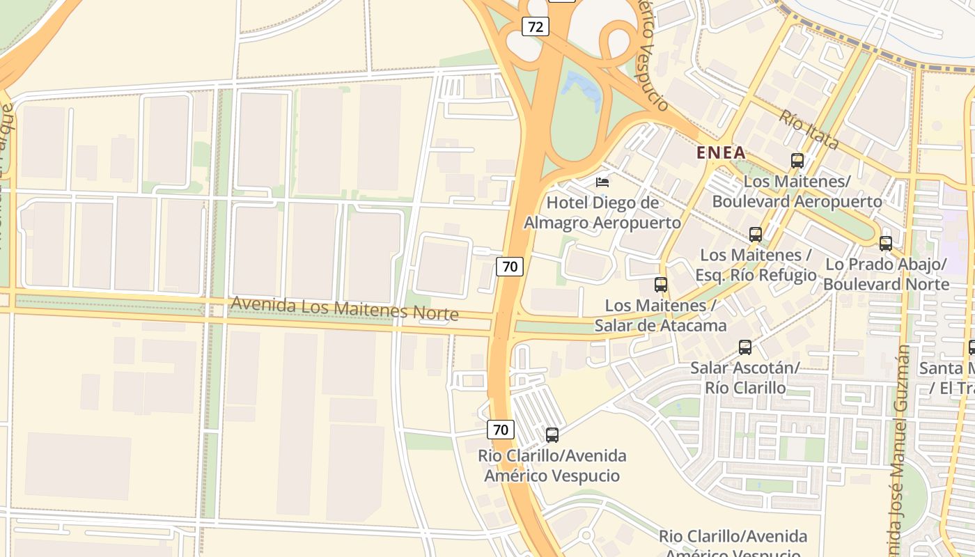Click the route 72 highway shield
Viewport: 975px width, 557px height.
pyautogui.click(x=536, y=27)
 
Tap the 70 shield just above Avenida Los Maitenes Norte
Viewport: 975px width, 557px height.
pyautogui.click(x=510, y=266)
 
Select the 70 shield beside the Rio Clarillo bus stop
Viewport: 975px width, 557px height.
pyautogui.click(x=501, y=430)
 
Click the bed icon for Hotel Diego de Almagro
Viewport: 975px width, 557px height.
pyautogui.click(x=602, y=182)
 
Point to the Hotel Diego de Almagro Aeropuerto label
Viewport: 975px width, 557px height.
pyautogui.click(x=602, y=212)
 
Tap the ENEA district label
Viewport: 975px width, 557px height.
pyautogui.click(x=721, y=152)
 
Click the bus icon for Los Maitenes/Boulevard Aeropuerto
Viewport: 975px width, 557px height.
pyautogui.click(x=797, y=161)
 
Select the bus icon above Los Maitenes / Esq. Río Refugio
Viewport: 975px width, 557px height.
pyautogui.click(x=756, y=235)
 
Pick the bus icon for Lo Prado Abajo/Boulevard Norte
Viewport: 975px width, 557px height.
pyautogui.click(x=886, y=244)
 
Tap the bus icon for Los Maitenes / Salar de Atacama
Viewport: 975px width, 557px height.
pyautogui.click(x=661, y=285)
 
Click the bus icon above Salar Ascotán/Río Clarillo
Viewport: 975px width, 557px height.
pyautogui.click(x=745, y=347)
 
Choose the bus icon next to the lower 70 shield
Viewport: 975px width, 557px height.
pyautogui.click(x=552, y=435)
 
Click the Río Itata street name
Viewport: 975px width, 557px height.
pyautogui.click(x=809, y=130)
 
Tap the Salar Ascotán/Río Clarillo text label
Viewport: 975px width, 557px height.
pyautogui.click(x=745, y=377)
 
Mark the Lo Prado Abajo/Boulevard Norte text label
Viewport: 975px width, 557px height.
pyautogui.click(x=886, y=274)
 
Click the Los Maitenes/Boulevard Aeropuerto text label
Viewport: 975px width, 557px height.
pyautogui.click(x=797, y=191)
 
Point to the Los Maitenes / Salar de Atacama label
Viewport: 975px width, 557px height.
pyautogui.click(x=660, y=315)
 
